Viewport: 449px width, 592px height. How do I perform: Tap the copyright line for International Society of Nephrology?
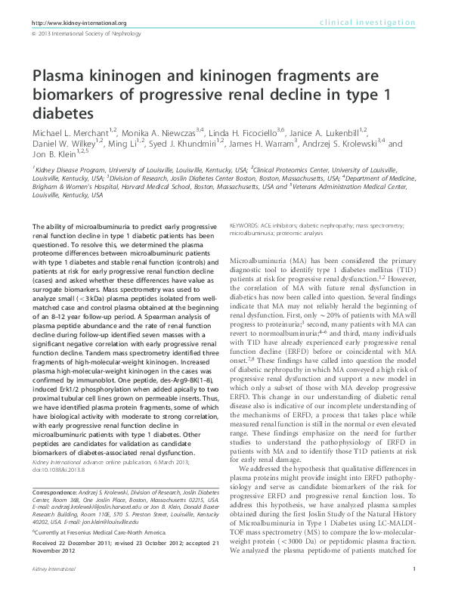point(84,35)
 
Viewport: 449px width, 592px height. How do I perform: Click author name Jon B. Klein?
point(57,155)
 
